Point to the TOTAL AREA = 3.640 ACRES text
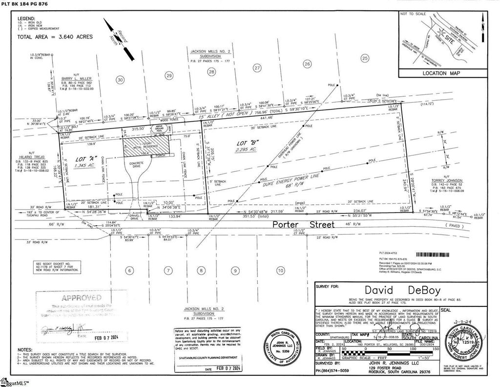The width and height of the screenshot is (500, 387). pos(55,37)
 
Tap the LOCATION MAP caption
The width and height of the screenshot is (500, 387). pos(441,73)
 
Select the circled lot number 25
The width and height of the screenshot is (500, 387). pos(364,58)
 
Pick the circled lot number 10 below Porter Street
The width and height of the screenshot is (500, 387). pos(280,270)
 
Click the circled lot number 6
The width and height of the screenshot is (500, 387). pos(129,270)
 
